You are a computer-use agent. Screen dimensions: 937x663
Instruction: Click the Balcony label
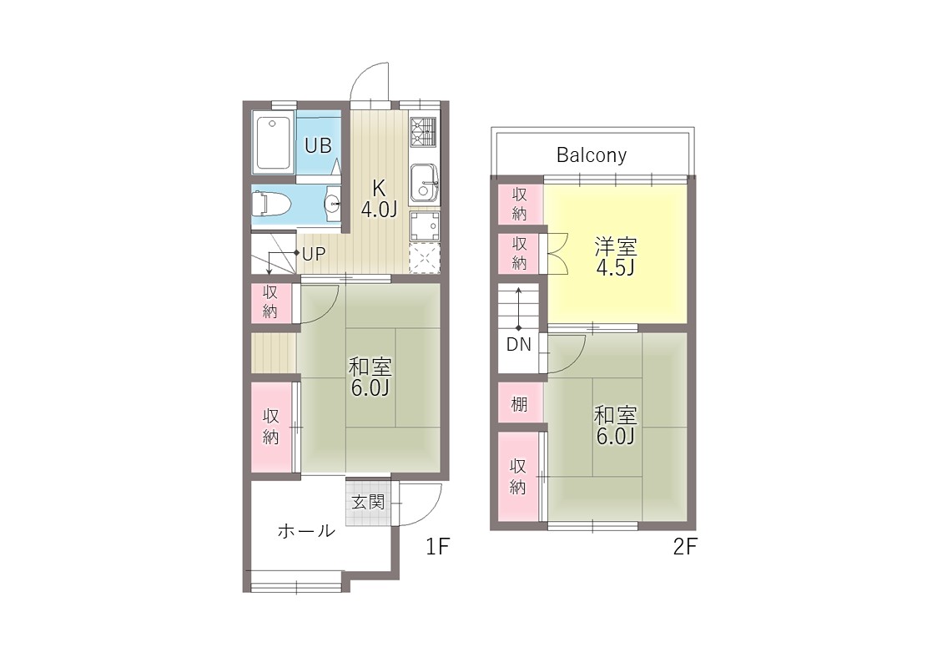click(x=591, y=154)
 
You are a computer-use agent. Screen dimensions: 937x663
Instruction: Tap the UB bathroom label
click(x=318, y=145)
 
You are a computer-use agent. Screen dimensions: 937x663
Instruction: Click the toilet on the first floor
click(x=270, y=203)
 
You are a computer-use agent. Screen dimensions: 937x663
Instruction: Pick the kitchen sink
click(x=424, y=182)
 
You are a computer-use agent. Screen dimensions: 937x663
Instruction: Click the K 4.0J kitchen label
click(x=379, y=199)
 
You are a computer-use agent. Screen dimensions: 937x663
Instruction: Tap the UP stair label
click(x=314, y=254)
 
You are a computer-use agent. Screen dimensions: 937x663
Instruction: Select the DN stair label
click(x=519, y=344)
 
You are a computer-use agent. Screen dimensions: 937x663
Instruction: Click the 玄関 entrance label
click(x=367, y=502)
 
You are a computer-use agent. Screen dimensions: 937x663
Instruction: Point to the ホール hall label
click(x=306, y=530)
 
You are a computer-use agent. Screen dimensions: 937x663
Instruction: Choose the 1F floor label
click(x=437, y=546)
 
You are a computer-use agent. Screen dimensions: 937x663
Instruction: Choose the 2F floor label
click(x=685, y=546)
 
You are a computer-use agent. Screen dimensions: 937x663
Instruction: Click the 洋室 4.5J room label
click(x=616, y=256)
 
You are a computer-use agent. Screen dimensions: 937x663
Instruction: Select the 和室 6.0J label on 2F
click(x=616, y=425)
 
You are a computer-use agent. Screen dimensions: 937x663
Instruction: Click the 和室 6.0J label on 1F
click(x=370, y=377)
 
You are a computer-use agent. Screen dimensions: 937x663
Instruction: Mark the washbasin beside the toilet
click(x=332, y=204)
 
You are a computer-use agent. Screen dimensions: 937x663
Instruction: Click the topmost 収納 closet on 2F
click(x=520, y=204)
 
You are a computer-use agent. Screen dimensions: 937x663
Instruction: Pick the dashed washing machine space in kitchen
click(x=425, y=258)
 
